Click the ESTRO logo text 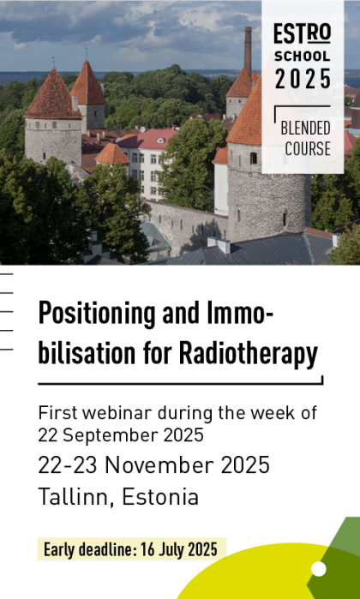(302, 34)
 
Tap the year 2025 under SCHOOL (302, 79)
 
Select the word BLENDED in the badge (305, 129)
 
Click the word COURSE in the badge (305, 148)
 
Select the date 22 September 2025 (121, 434)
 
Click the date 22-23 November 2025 (153, 465)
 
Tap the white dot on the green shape (319, 569)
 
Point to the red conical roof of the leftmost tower (52, 96)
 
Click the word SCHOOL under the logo (302, 57)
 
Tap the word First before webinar (56, 413)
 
